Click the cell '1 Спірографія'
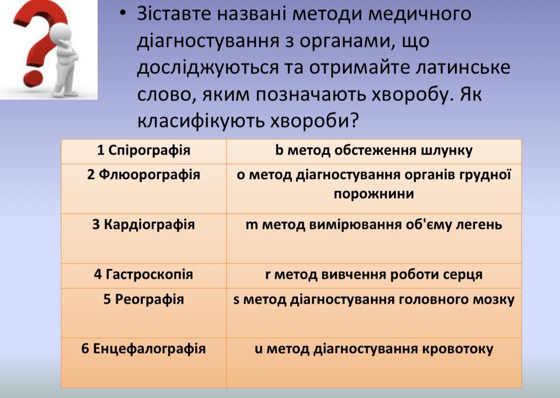[143, 151]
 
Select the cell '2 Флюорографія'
[143, 189]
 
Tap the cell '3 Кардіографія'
[143, 238]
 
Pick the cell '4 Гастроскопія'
[143, 275]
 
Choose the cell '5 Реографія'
[143, 313]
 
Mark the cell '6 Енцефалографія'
[143, 362]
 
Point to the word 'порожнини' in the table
[374, 194]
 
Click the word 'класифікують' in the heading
[201, 122]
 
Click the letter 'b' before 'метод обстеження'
[279, 150]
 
